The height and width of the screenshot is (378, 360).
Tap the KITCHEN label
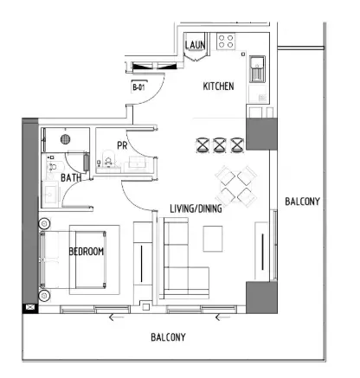pyautogui.click(x=218, y=87)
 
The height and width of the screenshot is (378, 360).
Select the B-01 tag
pyautogui.click(x=138, y=87)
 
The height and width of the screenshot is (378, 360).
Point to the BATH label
pyautogui.click(x=71, y=178)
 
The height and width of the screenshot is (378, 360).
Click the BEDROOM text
pyautogui.click(x=87, y=252)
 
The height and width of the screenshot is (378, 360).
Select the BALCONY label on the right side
pyautogui.click(x=302, y=202)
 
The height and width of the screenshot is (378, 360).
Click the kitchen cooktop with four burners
pyautogui.click(x=229, y=42)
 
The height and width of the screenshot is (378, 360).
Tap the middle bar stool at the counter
pyautogui.click(x=220, y=143)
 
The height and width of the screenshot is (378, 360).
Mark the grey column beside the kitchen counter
pyautogui.click(x=260, y=133)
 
